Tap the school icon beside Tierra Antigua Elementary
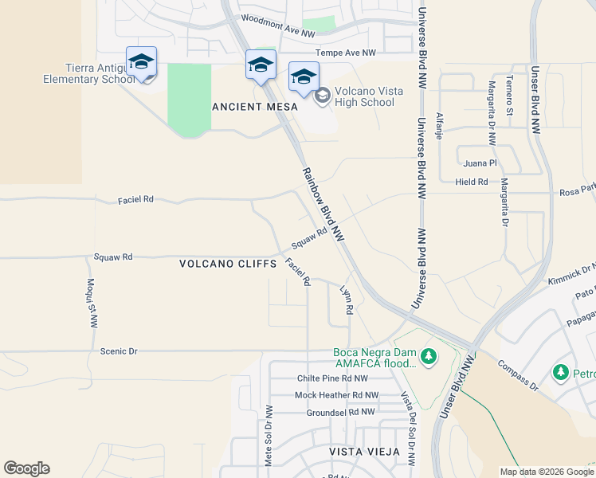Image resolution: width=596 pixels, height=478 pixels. (x=141, y=62)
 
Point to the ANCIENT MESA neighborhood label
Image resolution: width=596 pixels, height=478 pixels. (x=254, y=106)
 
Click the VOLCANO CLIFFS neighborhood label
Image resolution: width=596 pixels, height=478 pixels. (x=227, y=263)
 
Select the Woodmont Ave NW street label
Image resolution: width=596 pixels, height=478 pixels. (x=277, y=24)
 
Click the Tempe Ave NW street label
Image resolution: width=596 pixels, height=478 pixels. (x=346, y=53)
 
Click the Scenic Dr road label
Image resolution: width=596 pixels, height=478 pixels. (x=120, y=351)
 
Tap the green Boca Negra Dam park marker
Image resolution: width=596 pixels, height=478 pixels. (x=429, y=355)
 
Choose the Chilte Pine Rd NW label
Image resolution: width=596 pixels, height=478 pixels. (x=332, y=378)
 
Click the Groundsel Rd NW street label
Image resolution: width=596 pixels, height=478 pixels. (x=340, y=412)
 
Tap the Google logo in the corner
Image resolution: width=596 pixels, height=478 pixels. (x=26, y=468)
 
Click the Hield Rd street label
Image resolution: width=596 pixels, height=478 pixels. (x=472, y=182)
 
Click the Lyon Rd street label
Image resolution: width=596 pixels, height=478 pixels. (x=346, y=300)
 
